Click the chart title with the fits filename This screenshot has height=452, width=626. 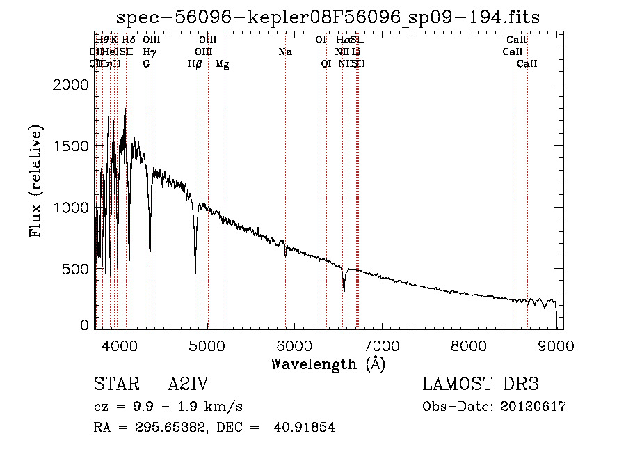[328, 17]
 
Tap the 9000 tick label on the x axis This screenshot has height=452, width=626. [556, 345]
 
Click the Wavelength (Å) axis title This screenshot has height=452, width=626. [328, 364]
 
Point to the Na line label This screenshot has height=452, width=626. [284, 52]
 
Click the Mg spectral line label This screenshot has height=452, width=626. [223, 63]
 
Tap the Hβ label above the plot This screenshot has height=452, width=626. [195, 63]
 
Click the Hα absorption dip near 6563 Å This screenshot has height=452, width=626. [344, 287]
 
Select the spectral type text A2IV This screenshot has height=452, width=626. [188, 384]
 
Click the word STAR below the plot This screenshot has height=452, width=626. [115, 384]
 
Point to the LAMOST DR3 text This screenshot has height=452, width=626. [481, 384]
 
